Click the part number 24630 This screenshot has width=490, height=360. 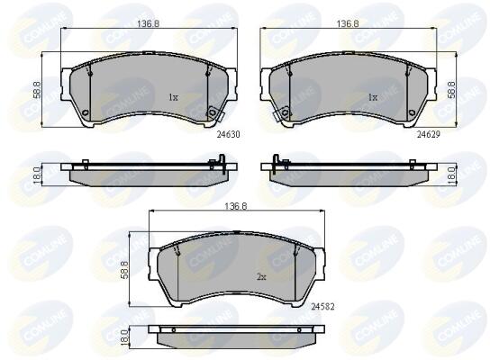point(229,135)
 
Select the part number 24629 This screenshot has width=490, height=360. point(429,135)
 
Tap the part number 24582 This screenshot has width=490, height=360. point(322,307)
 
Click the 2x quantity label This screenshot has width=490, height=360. point(261,277)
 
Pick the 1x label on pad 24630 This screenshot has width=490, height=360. point(173,97)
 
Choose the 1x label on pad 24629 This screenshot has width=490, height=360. point(373,97)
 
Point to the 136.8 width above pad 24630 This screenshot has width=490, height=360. point(148,23)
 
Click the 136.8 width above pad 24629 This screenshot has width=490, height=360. point(348,23)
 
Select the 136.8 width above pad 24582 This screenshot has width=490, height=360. point(236,206)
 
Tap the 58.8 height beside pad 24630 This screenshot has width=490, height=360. point(37,90)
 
